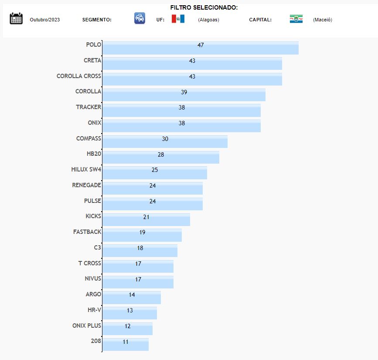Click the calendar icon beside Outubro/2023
point(16,18)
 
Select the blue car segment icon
point(140,18)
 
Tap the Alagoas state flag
point(178,19)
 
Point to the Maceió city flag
point(296,19)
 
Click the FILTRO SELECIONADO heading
point(204,7)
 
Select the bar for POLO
point(200,48)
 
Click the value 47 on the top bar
point(201,45)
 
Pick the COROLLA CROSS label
point(79,76)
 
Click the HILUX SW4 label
point(86,169)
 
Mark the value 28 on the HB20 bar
point(161,154)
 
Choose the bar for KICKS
point(146,219)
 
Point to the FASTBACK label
point(87,232)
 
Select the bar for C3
point(140,251)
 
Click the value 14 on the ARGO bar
point(132,295)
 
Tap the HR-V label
point(94,310)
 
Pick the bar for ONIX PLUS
point(127,329)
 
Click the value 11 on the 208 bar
point(126,342)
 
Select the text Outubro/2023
point(45,20)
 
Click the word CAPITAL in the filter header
point(260,20)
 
